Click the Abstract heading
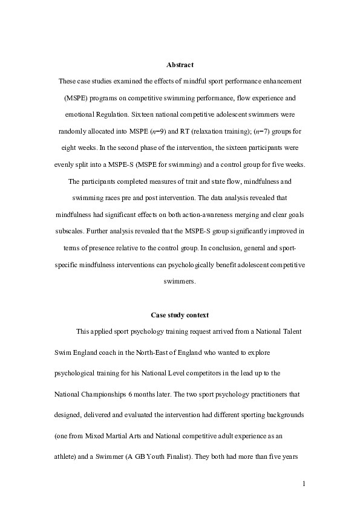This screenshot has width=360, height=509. tap(180, 65)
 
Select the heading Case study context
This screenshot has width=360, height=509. tap(180, 315)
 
